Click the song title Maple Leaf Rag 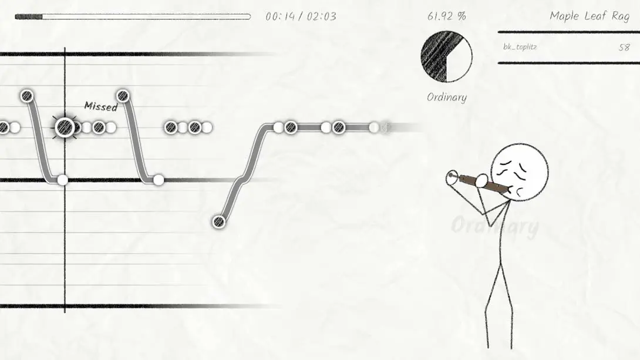point(590,16)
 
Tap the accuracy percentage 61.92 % point(446,16)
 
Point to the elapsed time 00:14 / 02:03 point(301,16)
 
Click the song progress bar point(133,16)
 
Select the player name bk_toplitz point(520,47)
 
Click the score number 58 point(624,48)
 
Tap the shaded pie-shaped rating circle point(446,57)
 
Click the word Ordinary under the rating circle point(446,97)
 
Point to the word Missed point(101,106)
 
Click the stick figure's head point(519,172)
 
